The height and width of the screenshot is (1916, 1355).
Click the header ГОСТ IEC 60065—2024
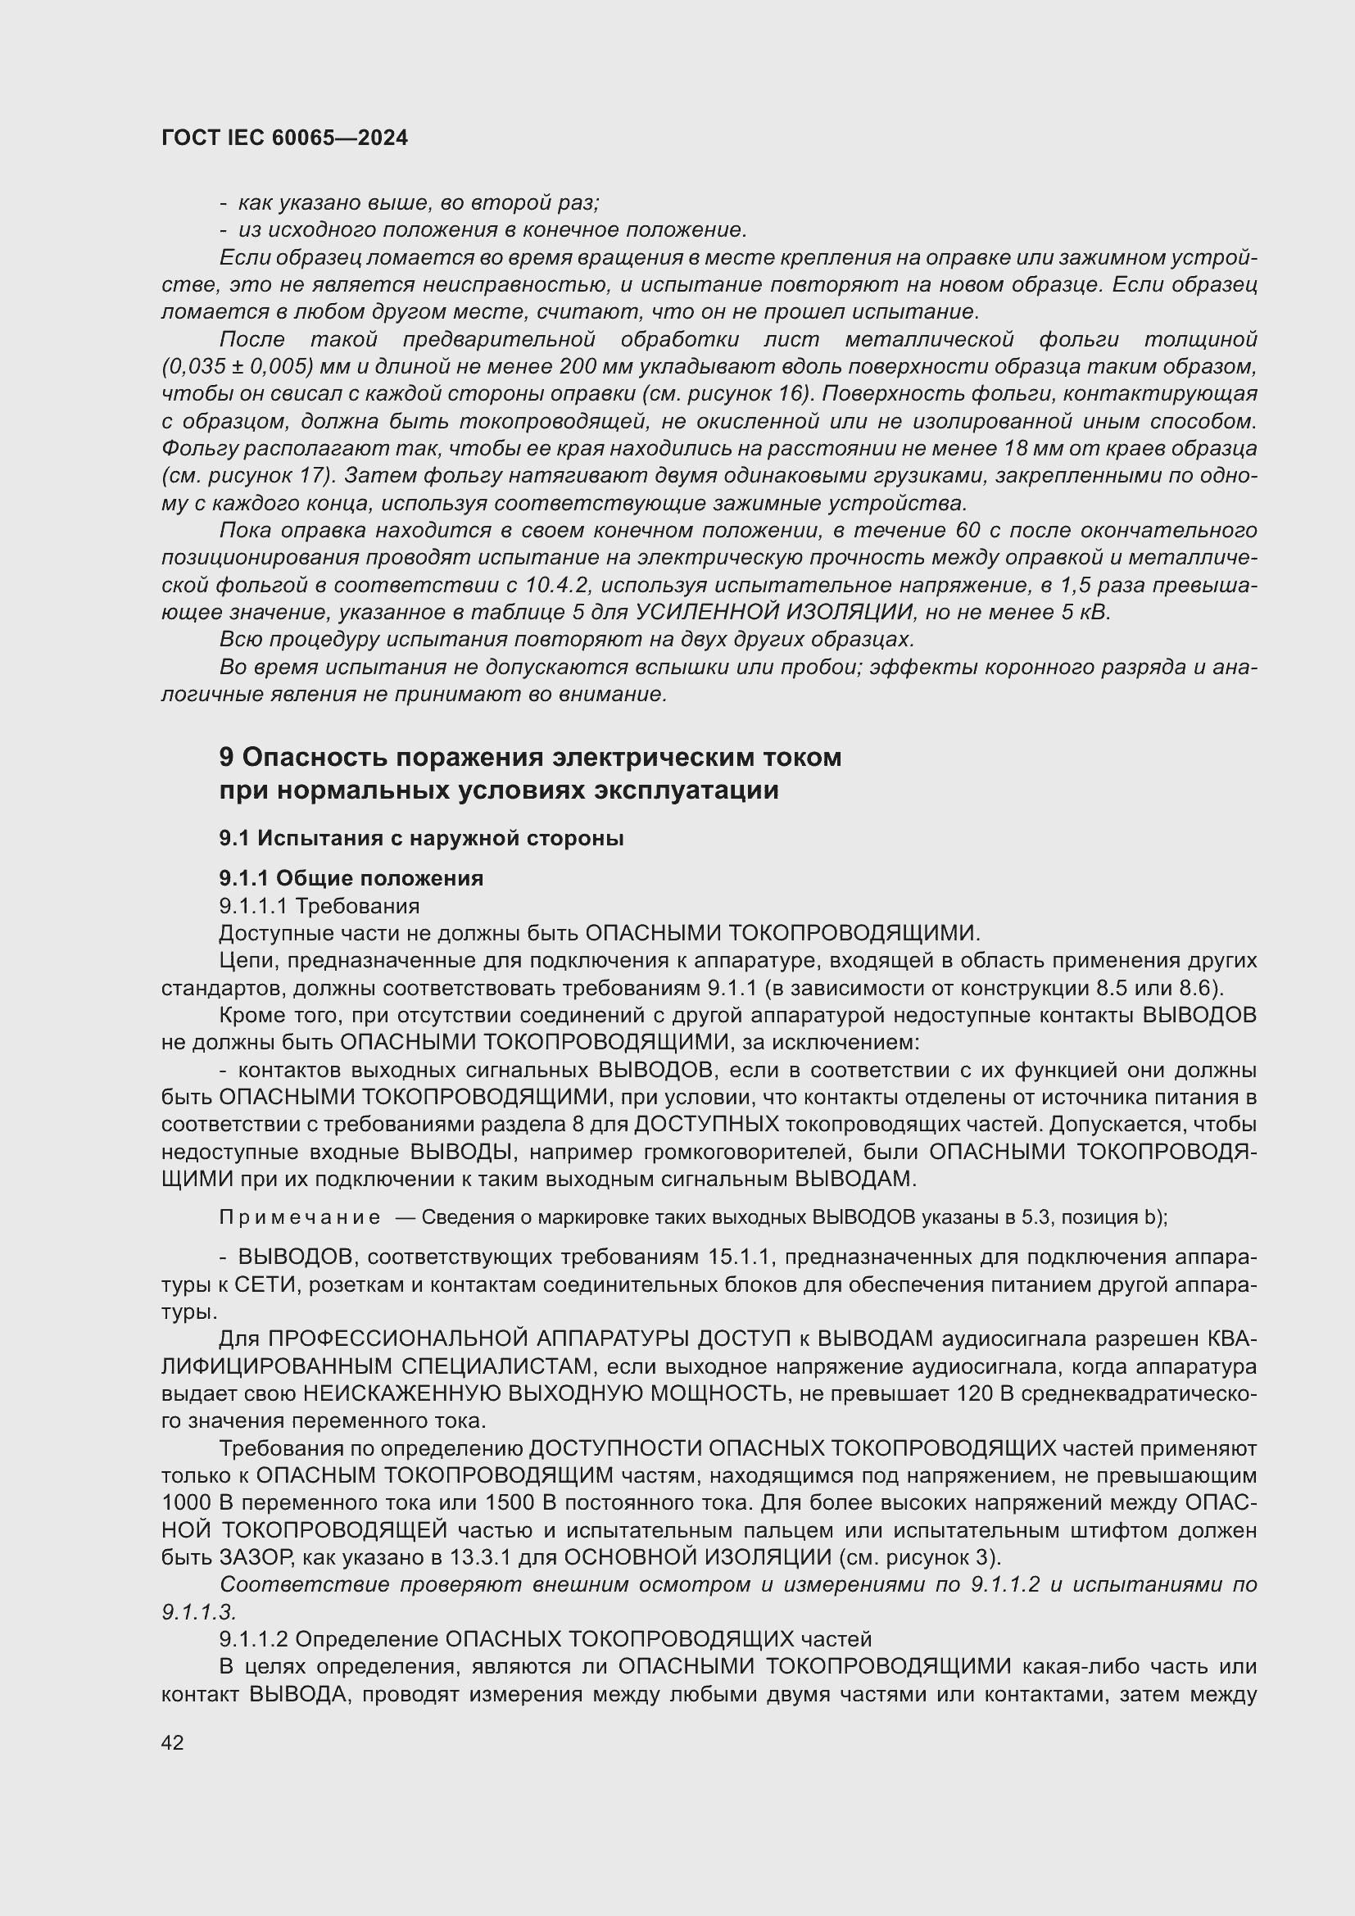click(x=284, y=138)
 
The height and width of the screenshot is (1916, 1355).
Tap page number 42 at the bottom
click(x=173, y=1742)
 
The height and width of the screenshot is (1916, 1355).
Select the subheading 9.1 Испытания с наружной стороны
click(x=421, y=838)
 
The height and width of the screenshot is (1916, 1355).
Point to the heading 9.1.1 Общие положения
click(x=351, y=878)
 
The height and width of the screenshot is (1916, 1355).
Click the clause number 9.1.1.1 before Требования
click(x=254, y=905)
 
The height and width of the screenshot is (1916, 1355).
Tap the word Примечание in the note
click(x=300, y=1217)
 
